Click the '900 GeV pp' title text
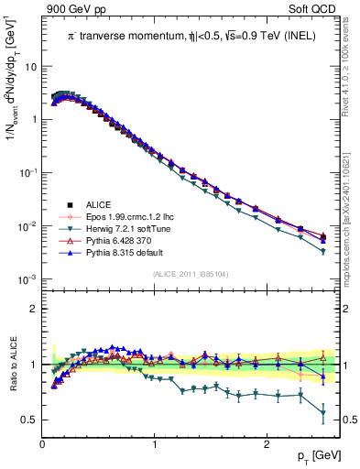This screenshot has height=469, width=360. pos(74,8)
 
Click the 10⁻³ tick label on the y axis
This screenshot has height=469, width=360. pos(27,278)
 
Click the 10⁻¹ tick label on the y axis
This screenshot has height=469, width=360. pos(27,173)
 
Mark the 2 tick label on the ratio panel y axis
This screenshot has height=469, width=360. pos(33,309)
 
